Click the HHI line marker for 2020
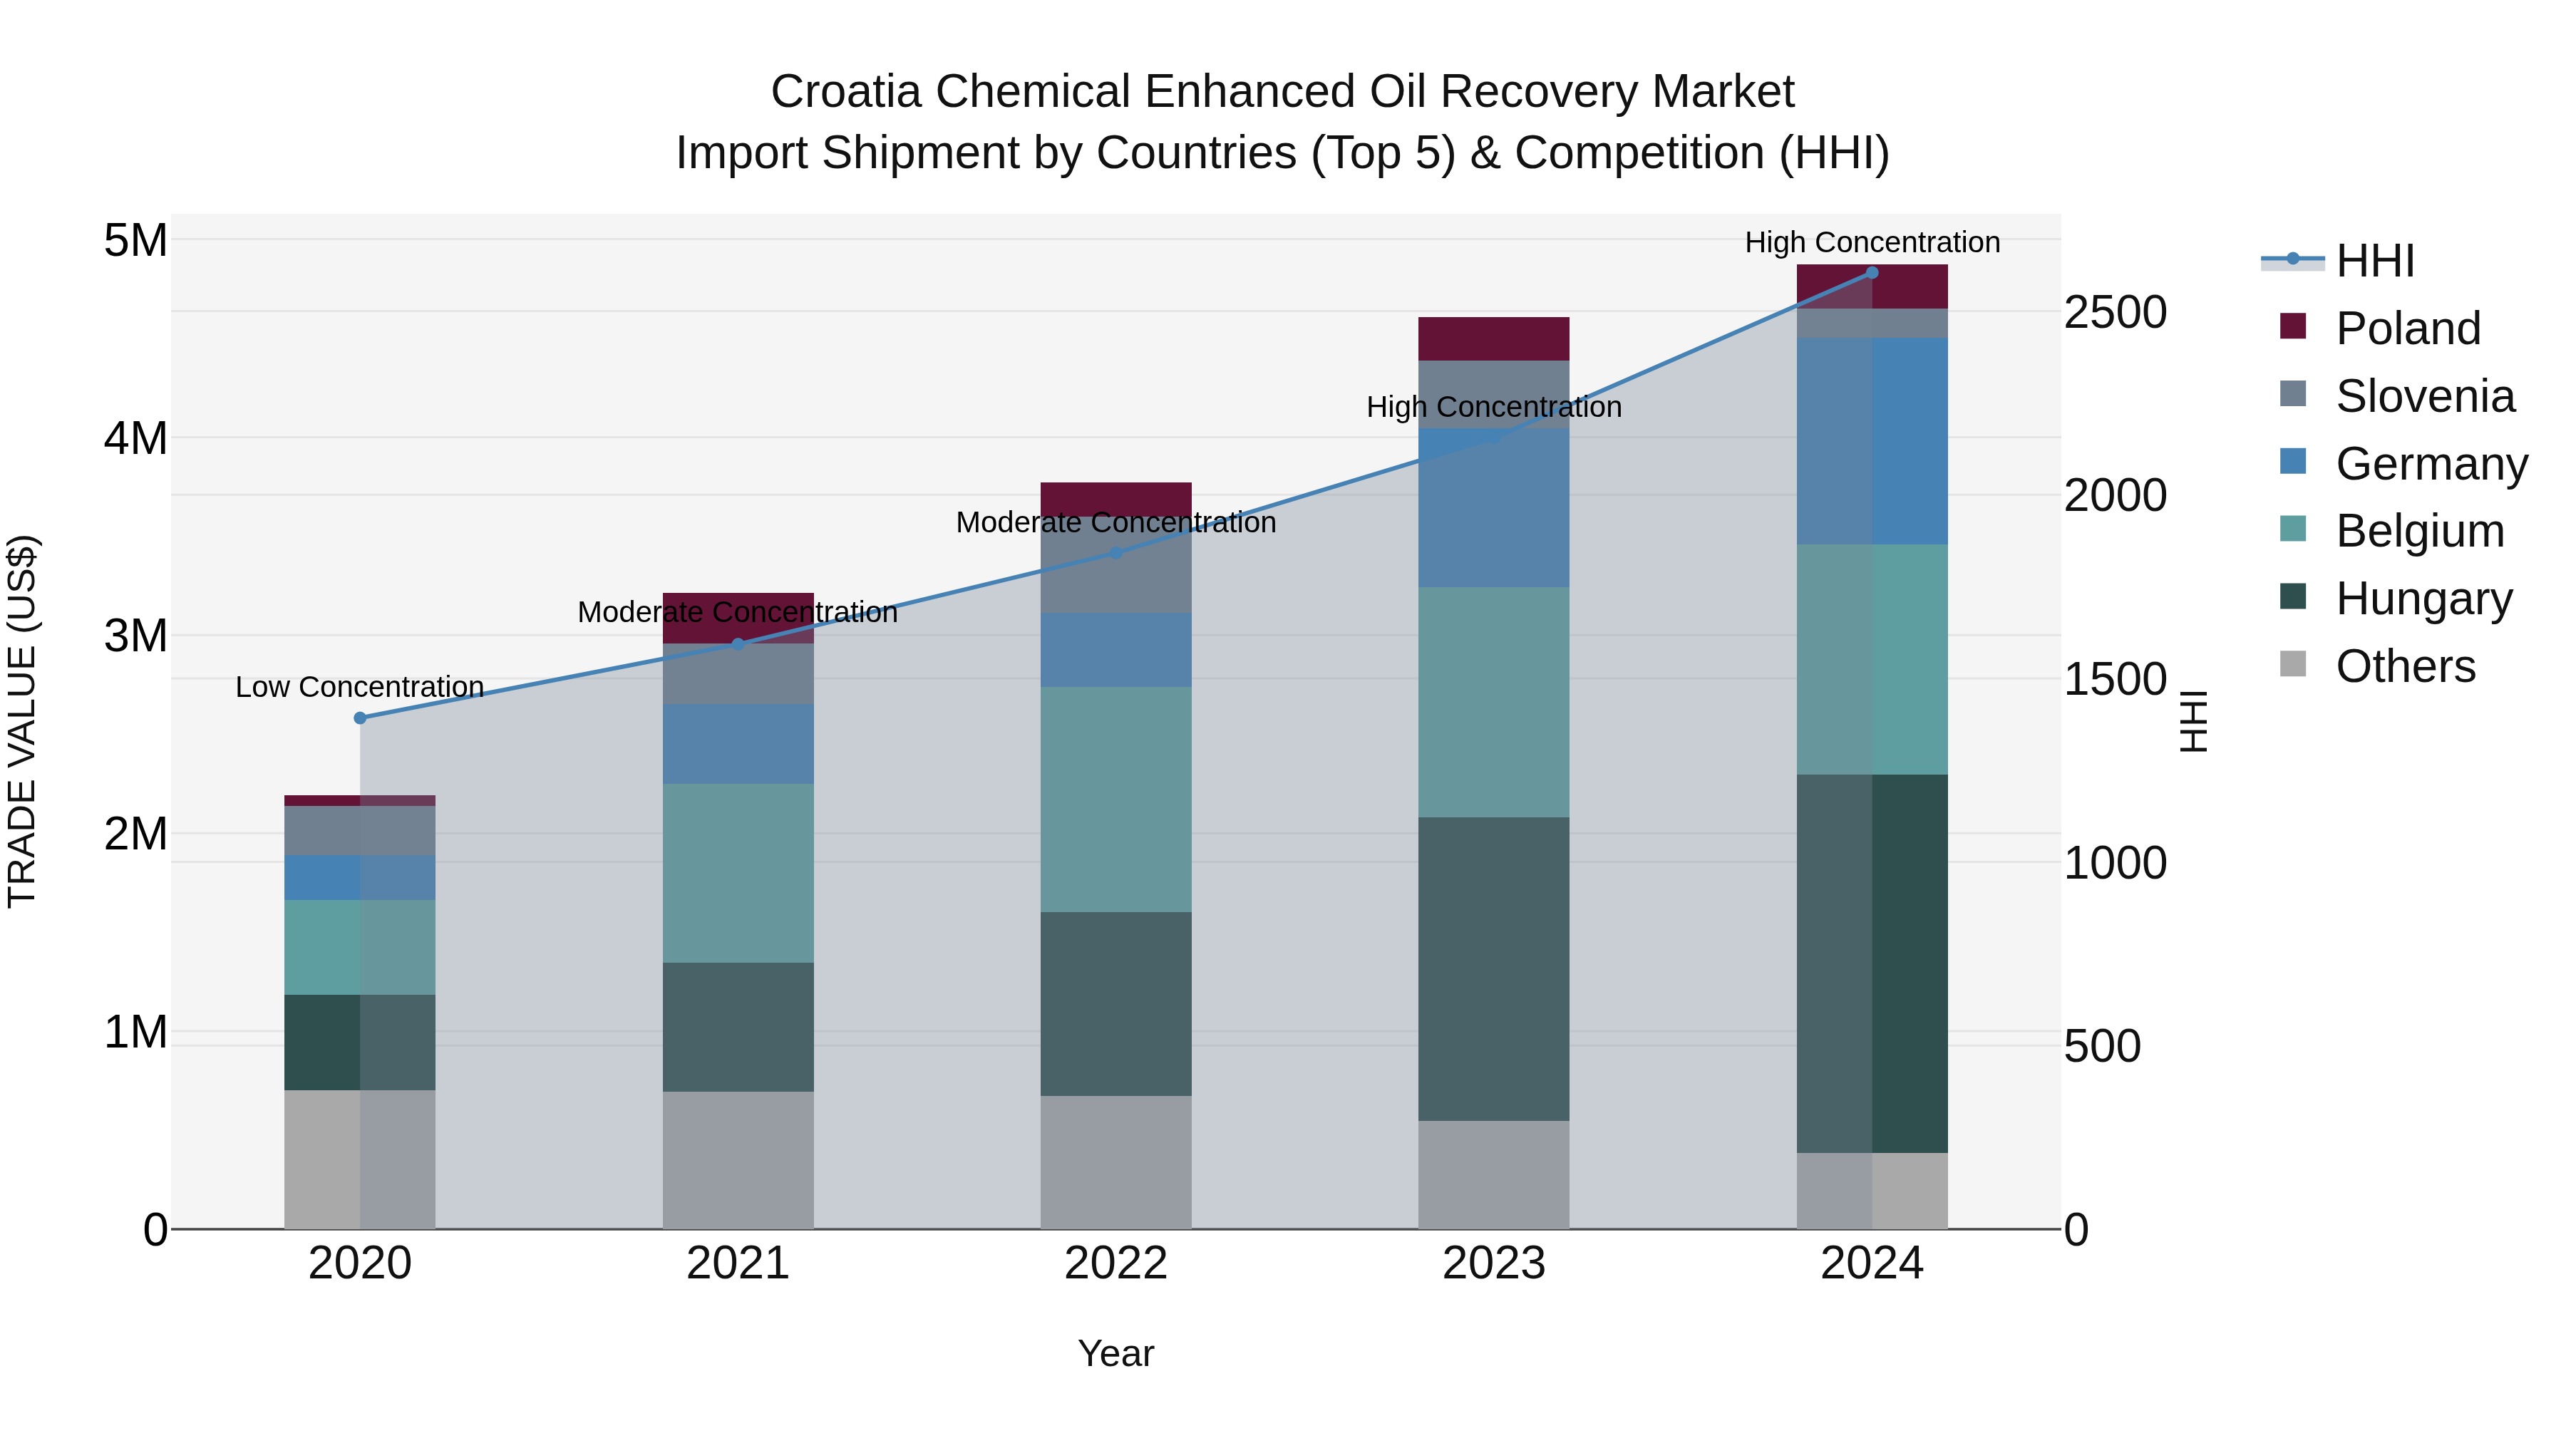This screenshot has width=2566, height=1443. (x=361, y=718)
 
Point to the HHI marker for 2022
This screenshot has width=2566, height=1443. (x=1115, y=553)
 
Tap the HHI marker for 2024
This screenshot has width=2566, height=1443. (x=1872, y=273)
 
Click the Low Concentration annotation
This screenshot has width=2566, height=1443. (x=360, y=687)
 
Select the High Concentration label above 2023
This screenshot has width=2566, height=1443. (x=1493, y=408)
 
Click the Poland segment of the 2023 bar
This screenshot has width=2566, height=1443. (x=1493, y=338)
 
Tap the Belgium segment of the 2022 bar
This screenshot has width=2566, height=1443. (x=1115, y=800)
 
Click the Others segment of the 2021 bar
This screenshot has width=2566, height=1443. (x=738, y=1160)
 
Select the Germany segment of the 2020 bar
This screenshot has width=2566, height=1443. (x=360, y=877)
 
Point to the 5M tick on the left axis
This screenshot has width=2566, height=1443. (x=135, y=241)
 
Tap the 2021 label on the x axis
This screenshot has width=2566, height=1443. (x=738, y=1263)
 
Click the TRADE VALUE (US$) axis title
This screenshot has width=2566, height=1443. (x=23, y=721)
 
